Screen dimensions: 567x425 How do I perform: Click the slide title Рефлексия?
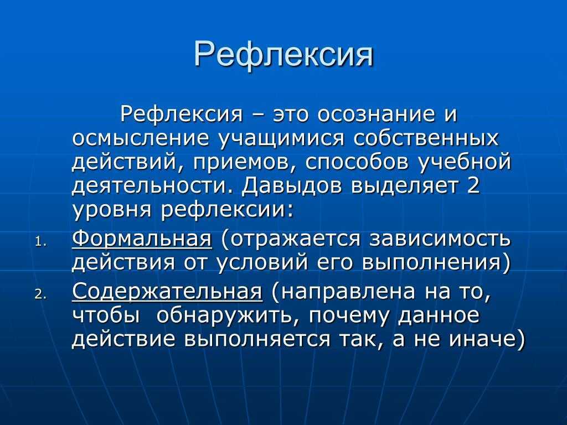pyautogui.click(x=283, y=54)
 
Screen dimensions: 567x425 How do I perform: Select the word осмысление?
pyautogui.click(x=140, y=138)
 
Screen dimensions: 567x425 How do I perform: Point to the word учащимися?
pyautogui.click(x=281, y=139)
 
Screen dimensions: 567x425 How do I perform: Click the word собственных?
pyautogui.click(x=426, y=138)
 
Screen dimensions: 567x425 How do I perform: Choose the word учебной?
pyautogui.click(x=465, y=162)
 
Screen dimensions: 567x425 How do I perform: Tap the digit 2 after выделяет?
pyautogui.click(x=473, y=185)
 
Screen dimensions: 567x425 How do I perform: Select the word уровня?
pyautogui.click(x=111, y=210)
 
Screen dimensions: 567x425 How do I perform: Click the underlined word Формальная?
pyautogui.click(x=142, y=239)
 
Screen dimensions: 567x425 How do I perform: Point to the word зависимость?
pyautogui.click(x=440, y=239)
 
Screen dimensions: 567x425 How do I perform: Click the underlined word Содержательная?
pyautogui.click(x=167, y=291)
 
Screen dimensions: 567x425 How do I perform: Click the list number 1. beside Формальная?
pyautogui.click(x=41, y=242)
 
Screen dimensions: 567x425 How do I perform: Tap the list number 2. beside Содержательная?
pyautogui.click(x=41, y=294)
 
